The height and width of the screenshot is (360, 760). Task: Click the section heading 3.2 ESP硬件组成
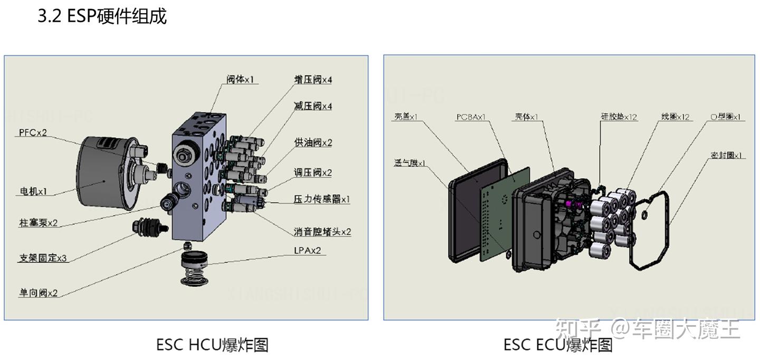(x=102, y=16)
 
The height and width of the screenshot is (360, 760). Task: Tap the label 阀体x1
(x=240, y=80)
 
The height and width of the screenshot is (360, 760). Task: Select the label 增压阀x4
(x=313, y=80)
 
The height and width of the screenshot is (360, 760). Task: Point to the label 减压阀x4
(x=313, y=106)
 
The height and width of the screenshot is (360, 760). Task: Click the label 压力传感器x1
(x=321, y=200)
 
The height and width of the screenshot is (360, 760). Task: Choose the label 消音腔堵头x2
(x=322, y=231)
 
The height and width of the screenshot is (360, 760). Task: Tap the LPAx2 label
(x=307, y=250)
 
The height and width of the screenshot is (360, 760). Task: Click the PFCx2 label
(x=33, y=132)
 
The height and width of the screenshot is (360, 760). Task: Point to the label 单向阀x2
(x=38, y=293)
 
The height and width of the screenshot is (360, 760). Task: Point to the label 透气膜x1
(x=410, y=163)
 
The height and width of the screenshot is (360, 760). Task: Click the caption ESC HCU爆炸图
(x=212, y=345)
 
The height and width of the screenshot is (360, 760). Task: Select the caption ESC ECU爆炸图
(x=558, y=345)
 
